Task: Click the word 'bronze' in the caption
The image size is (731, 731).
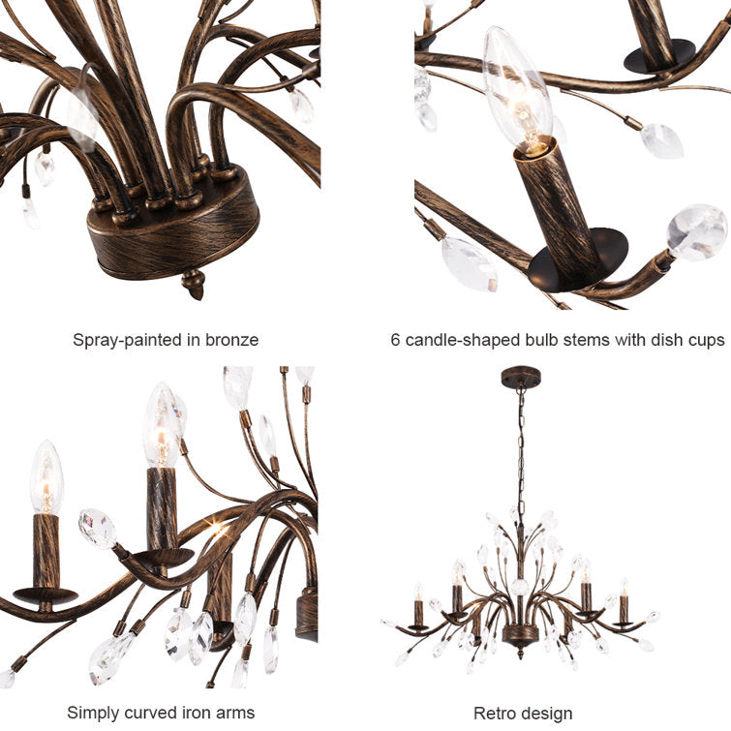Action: point(231,340)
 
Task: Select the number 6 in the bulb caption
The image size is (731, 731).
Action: point(395,340)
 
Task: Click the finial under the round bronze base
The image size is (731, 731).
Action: point(193,284)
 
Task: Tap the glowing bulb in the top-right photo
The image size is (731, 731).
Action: point(516,91)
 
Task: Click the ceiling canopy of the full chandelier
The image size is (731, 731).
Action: point(521,377)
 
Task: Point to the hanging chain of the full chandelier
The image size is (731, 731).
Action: point(521,452)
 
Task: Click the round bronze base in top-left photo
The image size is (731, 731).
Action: point(173,224)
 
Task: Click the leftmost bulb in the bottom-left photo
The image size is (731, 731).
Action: point(46,477)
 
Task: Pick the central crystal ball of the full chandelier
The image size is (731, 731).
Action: point(520,587)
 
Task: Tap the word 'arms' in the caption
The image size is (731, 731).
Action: point(235,714)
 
